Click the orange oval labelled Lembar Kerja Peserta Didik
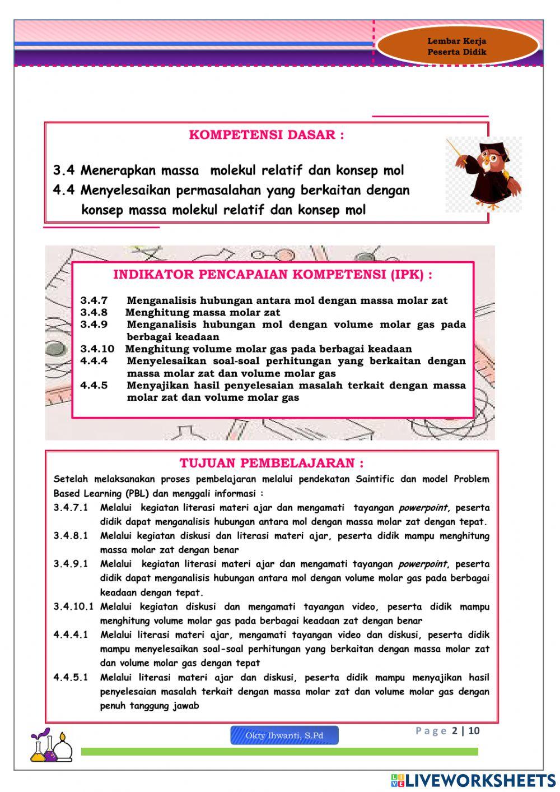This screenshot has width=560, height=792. [x=457, y=47]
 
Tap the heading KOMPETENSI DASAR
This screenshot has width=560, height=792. [x=267, y=135]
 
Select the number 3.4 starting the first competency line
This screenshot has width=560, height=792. [x=64, y=170]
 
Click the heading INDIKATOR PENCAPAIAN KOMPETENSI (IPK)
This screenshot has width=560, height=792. [x=273, y=275]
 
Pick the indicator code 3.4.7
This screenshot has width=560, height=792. [x=94, y=300]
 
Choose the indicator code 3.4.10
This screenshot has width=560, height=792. [x=97, y=349]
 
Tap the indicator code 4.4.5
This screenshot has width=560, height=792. [x=94, y=385]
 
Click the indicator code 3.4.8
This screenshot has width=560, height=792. [x=94, y=312]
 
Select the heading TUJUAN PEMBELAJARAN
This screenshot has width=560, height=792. [x=272, y=464]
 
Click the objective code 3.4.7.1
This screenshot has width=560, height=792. [x=71, y=508]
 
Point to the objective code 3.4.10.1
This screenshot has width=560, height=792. [x=73, y=606]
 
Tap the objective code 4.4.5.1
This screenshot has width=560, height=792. [x=71, y=677]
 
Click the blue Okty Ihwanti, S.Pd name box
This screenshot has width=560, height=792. [x=284, y=735]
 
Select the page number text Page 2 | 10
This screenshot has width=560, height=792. [x=447, y=731]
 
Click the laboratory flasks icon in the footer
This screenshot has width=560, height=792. [x=52, y=746]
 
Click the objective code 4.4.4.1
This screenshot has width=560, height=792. [x=71, y=634]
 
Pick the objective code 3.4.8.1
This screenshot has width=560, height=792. [x=71, y=536]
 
